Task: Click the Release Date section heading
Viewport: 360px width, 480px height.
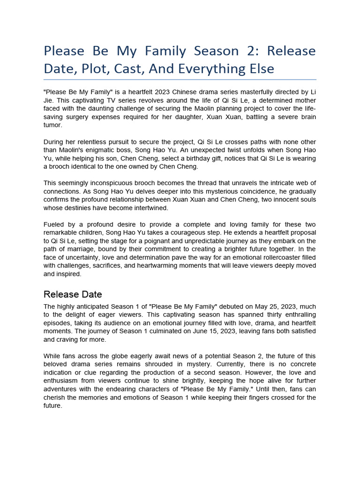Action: click(x=73, y=294)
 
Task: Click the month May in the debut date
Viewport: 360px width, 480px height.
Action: click(x=249, y=306)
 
